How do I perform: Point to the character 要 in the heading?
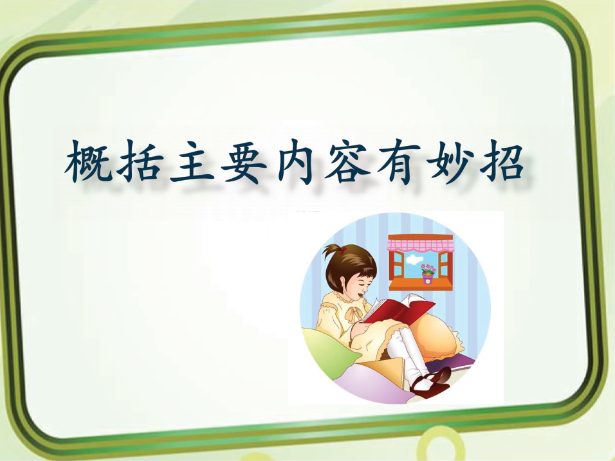(x=244, y=161)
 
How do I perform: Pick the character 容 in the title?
(x=347, y=161)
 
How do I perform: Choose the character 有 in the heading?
(x=399, y=161)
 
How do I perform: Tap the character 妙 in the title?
(x=450, y=161)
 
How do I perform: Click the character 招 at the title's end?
(x=502, y=161)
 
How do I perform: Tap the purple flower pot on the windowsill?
(x=428, y=278)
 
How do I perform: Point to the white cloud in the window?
(x=414, y=258)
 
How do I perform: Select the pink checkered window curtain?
(x=421, y=243)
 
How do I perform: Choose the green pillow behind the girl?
(x=329, y=353)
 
